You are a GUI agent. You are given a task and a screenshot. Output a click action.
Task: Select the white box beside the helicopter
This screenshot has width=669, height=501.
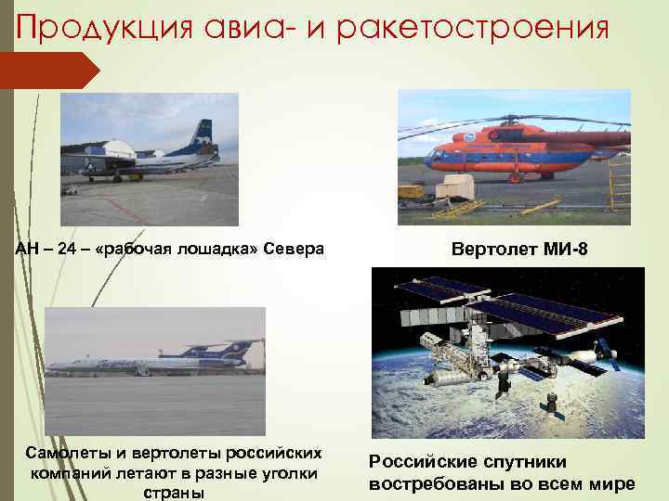[454, 187]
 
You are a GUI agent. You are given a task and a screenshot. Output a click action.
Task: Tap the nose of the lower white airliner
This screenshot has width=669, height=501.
[51, 366]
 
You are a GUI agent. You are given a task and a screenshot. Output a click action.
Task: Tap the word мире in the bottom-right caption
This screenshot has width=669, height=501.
[615, 483]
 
